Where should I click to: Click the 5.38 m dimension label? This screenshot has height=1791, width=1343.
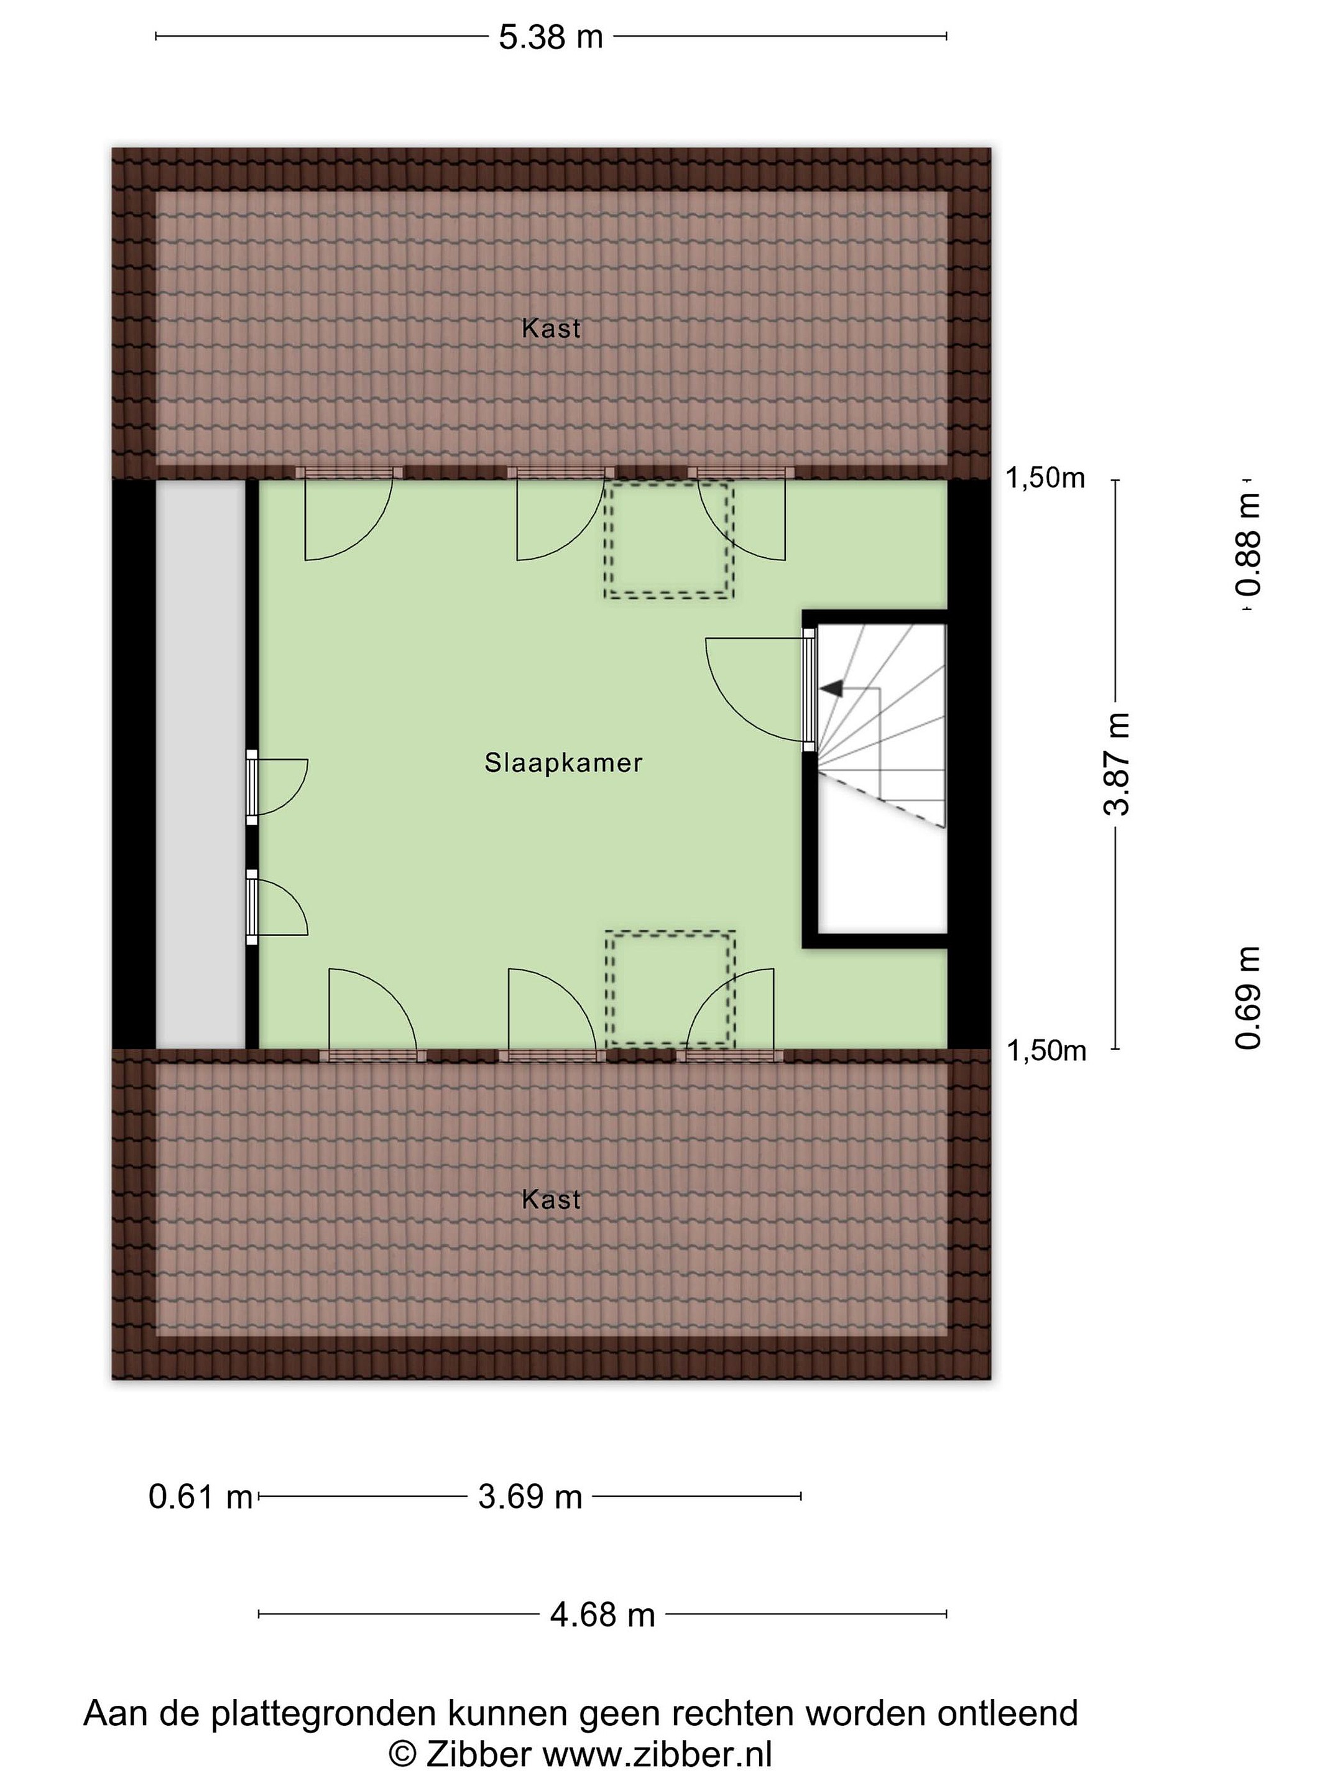click(x=550, y=37)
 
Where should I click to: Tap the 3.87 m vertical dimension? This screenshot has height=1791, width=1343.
click(x=1117, y=764)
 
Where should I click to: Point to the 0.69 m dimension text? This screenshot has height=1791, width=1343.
click(x=1248, y=997)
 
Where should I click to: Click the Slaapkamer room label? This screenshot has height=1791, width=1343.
click(x=563, y=762)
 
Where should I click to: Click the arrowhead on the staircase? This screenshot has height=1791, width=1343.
click(x=831, y=689)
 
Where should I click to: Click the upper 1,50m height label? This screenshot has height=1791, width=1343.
click(x=1045, y=478)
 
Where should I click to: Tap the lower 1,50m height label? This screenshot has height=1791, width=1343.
click(x=1045, y=1051)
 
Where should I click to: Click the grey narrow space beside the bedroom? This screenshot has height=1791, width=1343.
click(x=200, y=764)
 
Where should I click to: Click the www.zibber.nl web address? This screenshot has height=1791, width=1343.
click(x=657, y=1754)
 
